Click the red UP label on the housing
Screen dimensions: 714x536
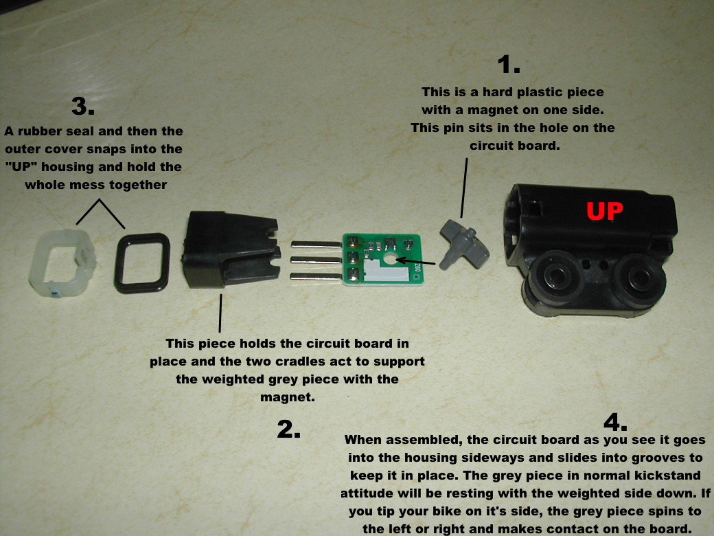pyautogui.click(x=605, y=210)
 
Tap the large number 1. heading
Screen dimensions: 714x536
pyautogui.click(x=509, y=65)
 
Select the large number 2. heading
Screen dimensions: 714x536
pyautogui.click(x=289, y=429)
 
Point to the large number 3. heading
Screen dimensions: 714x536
pyautogui.click(x=83, y=107)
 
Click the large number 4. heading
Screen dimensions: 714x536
pyautogui.click(x=615, y=422)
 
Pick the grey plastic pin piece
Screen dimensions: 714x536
pyautogui.click(x=464, y=245)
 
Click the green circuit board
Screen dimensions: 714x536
pyautogui.click(x=383, y=259)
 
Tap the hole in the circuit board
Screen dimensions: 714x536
pyautogui.click(x=390, y=259)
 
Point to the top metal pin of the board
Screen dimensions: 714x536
pyautogui.click(x=316, y=245)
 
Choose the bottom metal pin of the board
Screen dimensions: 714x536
pyautogui.click(x=316, y=276)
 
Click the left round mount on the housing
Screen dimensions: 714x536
pyautogui.click(x=556, y=276)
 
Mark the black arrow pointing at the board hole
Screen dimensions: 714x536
pyautogui.click(x=416, y=262)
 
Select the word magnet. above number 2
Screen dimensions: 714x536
pyautogui.click(x=288, y=397)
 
